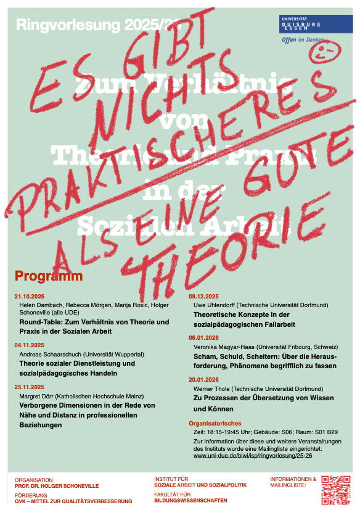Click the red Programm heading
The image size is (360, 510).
point(49,276)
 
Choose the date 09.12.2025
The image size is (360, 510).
point(204,297)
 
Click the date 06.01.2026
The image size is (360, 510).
point(204,338)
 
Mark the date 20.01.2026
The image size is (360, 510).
point(204,380)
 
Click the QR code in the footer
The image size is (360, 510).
point(335,490)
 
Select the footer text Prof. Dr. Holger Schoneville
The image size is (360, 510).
point(57,486)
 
